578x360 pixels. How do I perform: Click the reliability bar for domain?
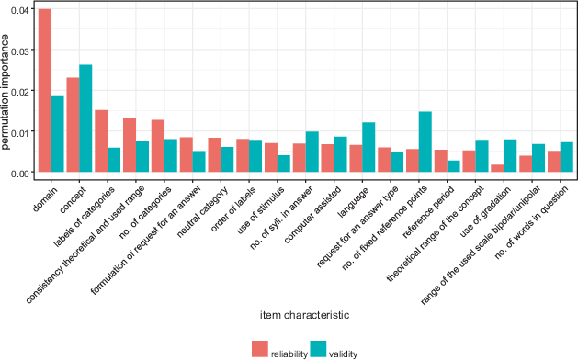(45, 90)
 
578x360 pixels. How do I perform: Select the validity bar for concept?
(85, 118)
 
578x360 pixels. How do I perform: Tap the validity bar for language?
(368, 147)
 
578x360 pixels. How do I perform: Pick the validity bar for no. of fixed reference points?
(425, 141)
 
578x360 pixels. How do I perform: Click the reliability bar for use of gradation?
(497, 168)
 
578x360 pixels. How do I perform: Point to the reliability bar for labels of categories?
(101, 141)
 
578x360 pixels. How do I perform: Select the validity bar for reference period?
(453, 166)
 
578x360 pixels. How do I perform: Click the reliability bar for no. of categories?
(158, 146)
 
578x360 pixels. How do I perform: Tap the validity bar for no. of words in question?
(567, 157)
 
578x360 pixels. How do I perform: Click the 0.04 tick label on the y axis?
(19, 10)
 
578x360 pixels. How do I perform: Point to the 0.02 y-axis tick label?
(19, 92)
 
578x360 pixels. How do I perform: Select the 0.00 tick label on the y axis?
(19, 174)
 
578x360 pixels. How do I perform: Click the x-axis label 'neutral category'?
(203, 212)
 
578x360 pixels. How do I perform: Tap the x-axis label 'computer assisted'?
(313, 215)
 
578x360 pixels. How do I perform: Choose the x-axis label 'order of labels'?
(233, 209)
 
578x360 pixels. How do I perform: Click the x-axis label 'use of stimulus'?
(261, 211)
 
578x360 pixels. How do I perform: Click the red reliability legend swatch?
(260, 349)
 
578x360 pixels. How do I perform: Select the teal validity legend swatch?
(318, 349)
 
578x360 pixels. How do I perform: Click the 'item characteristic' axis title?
(305, 315)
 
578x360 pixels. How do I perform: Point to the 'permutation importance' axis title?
(6, 92)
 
